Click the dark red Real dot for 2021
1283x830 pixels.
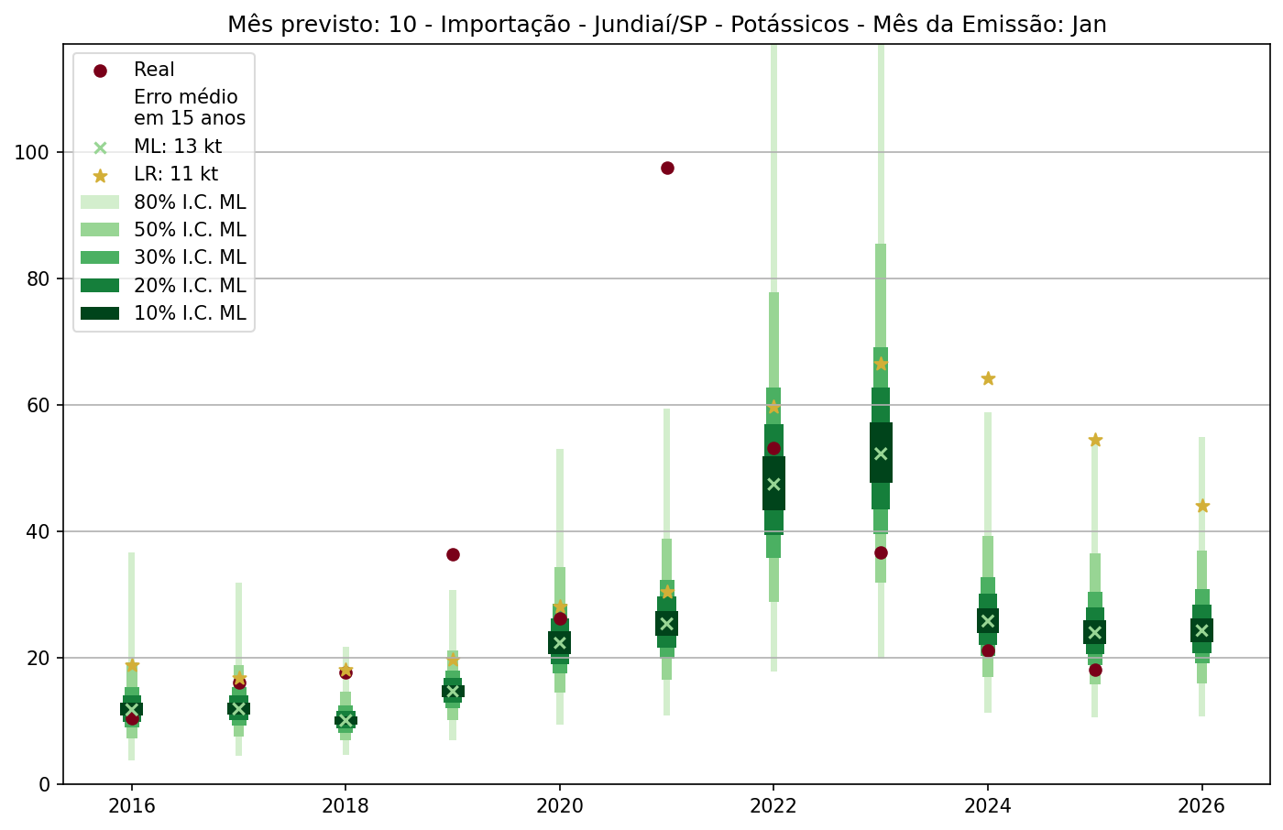click(667, 168)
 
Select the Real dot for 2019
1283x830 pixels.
click(453, 554)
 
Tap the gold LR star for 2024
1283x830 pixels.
click(988, 378)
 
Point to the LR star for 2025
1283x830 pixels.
click(1095, 440)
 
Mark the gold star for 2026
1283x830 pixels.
click(1202, 506)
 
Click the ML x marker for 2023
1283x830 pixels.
click(881, 453)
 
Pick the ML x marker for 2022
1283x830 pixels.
click(773, 484)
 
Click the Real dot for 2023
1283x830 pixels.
click(881, 552)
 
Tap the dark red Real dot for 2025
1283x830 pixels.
click(1095, 670)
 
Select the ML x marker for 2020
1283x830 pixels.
click(560, 642)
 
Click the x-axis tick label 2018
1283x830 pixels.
click(345, 807)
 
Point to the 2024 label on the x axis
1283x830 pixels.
click(988, 807)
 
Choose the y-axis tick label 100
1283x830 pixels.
click(33, 152)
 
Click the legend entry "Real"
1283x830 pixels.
click(154, 70)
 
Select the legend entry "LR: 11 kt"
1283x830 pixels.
click(176, 174)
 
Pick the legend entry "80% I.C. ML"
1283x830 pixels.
click(190, 202)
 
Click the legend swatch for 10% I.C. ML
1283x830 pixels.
click(100, 313)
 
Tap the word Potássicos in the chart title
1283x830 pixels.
click(792, 25)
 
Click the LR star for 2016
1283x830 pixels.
click(132, 665)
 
